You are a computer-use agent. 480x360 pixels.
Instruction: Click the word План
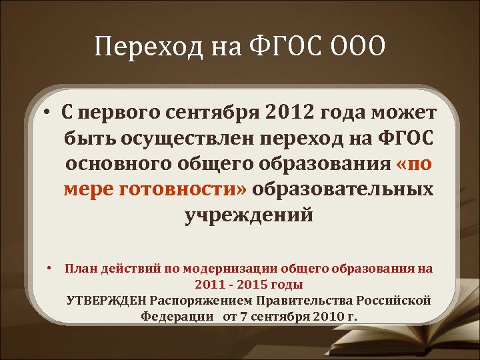pos(79,269)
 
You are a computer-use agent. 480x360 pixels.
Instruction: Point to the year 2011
pos(213,285)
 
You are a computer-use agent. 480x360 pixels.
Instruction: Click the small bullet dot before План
pos(49,269)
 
